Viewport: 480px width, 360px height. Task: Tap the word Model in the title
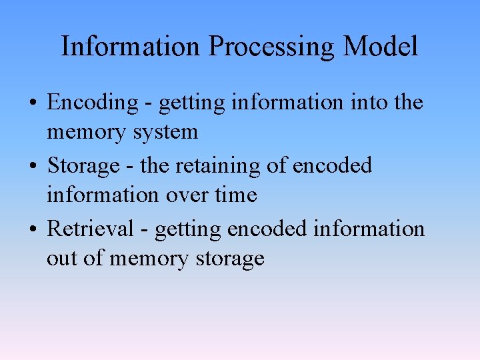pos(381,46)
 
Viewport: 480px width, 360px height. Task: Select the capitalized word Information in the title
pos(131,46)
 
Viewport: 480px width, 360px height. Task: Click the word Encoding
pos(92,103)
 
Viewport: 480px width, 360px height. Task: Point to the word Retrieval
pos(91,229)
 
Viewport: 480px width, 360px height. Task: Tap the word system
pos(165,132)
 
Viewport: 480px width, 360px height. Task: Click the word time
pos(237,195)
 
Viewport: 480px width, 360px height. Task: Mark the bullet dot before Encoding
pos(33,103)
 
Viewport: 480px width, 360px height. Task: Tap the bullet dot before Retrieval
pos(33,229)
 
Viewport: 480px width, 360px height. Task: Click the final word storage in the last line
pos(230,259)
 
